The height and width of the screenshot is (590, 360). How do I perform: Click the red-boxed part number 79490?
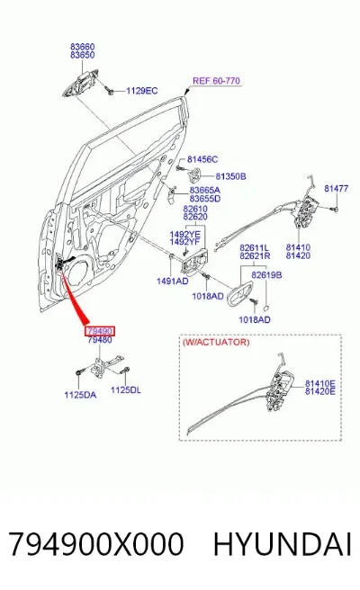tap(99, 331)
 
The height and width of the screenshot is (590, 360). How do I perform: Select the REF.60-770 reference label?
tap(216, 81)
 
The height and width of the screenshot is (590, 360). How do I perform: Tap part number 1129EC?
tap(141, 91)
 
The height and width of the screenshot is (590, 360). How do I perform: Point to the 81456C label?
tap(202, 159)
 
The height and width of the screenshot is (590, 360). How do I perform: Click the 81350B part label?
tap(230, 176)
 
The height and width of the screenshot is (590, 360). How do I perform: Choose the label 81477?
tap(337, 188)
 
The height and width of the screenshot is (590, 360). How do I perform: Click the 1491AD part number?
tap(173, 281)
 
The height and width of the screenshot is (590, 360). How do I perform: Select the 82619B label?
tap(266, 275)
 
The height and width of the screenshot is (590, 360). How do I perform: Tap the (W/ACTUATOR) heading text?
tap(216, 342)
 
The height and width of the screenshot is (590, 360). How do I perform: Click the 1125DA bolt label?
tap(80, 395)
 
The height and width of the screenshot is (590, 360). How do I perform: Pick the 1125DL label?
tap(126, 389)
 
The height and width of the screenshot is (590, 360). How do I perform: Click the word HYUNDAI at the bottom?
tap(283, 544)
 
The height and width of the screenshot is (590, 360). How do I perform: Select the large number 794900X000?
tap(96, 544)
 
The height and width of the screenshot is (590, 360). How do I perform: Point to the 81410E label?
tap(320, 383)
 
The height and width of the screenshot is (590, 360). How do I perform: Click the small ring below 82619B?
tap(265, 308)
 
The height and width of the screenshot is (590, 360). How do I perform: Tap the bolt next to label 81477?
tap(333, 208)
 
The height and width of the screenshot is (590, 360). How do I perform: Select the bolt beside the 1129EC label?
tap(110, 90)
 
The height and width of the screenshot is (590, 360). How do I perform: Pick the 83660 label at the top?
tap(83, 47)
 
